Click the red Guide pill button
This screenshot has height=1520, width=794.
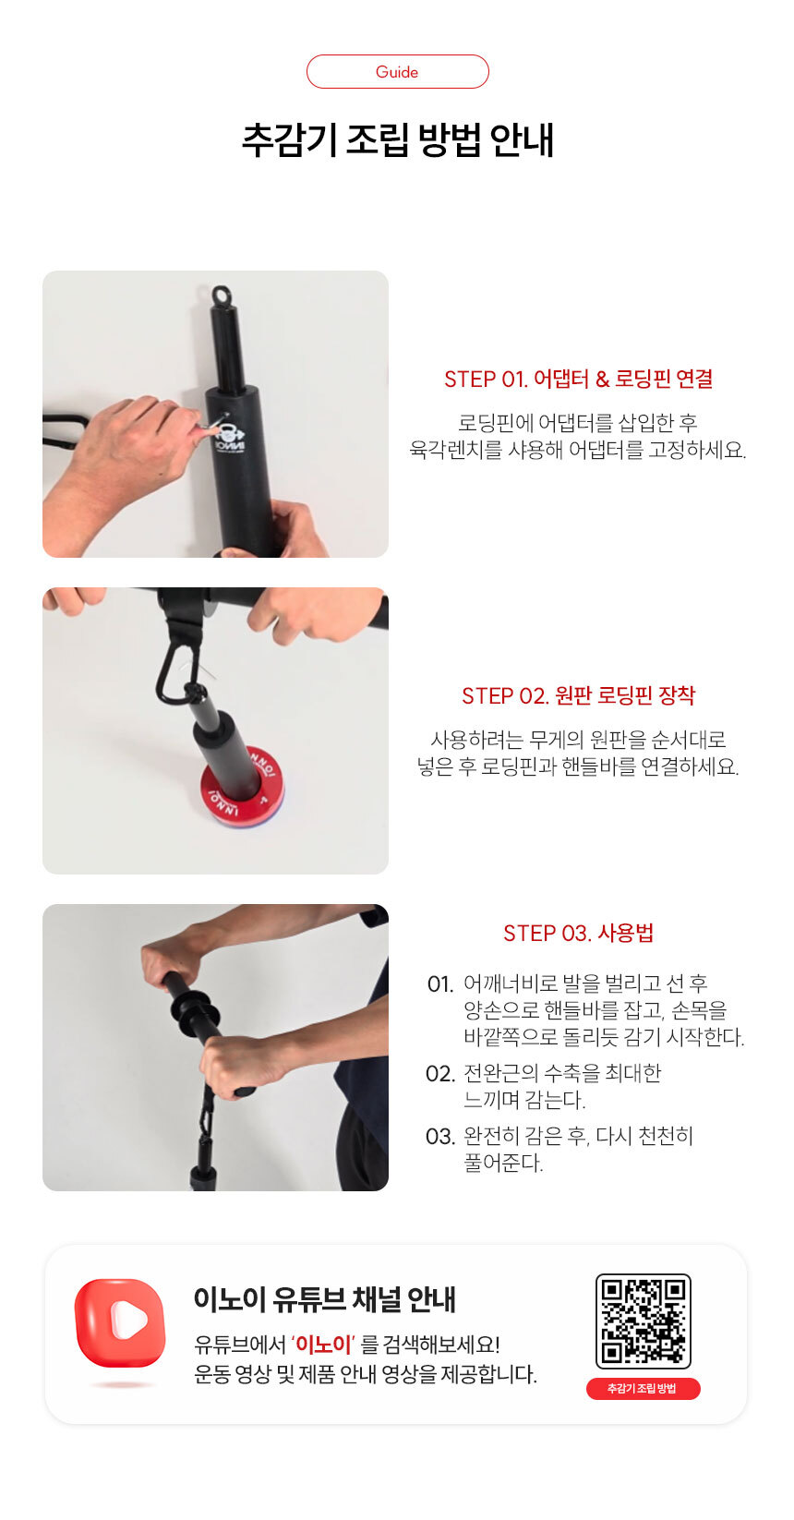[x=397, y=72]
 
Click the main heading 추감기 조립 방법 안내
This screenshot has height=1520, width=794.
[x=398, y=140]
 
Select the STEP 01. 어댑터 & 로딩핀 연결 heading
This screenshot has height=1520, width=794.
[x=578, y=379]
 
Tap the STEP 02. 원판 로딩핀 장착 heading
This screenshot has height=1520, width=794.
[x=578, y=695]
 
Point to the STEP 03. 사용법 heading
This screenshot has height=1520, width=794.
[x=578, y=933]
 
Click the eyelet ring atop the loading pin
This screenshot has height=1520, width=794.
[x=222, y=296]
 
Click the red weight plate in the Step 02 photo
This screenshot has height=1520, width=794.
[x=243, y=790]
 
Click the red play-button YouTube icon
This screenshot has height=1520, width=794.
[x=120, y=1322]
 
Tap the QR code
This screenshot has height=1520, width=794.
[x=643, y=1321]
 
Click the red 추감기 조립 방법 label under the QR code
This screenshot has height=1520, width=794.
[x=643, y=1388]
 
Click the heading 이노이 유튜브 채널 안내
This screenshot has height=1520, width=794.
[x=324, y=1298]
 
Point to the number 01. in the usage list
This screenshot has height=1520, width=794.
[x=439, y=983]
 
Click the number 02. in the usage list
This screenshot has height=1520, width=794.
[x=439, y=1074]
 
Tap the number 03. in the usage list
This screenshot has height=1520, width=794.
[x=439, y=1137]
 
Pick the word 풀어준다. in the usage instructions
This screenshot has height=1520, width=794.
[x=503, y=1163]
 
